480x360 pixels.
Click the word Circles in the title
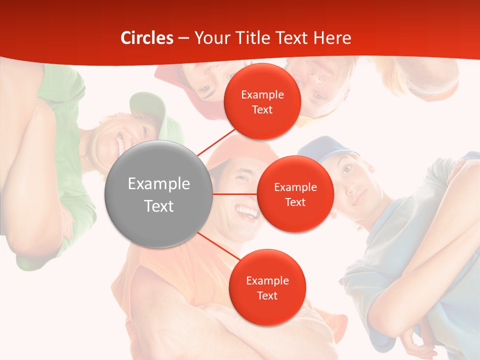click(x=147, y=38)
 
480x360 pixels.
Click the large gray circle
click(x=158, y=194)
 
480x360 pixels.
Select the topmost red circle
click(x=262, y=101)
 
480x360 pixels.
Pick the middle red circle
click(x=295, y=194)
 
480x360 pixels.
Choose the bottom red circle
click(x=267, y=287)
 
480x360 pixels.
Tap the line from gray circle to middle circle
click(x=234, y=194)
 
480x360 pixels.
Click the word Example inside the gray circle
click(x=159, y=184)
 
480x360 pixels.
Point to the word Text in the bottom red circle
click(x=267, y=295)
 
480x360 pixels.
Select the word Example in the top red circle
click(x=262, y=94)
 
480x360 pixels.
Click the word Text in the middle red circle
click(x=295, y=202)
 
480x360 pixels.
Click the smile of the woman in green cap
click(x=120, y=142)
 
